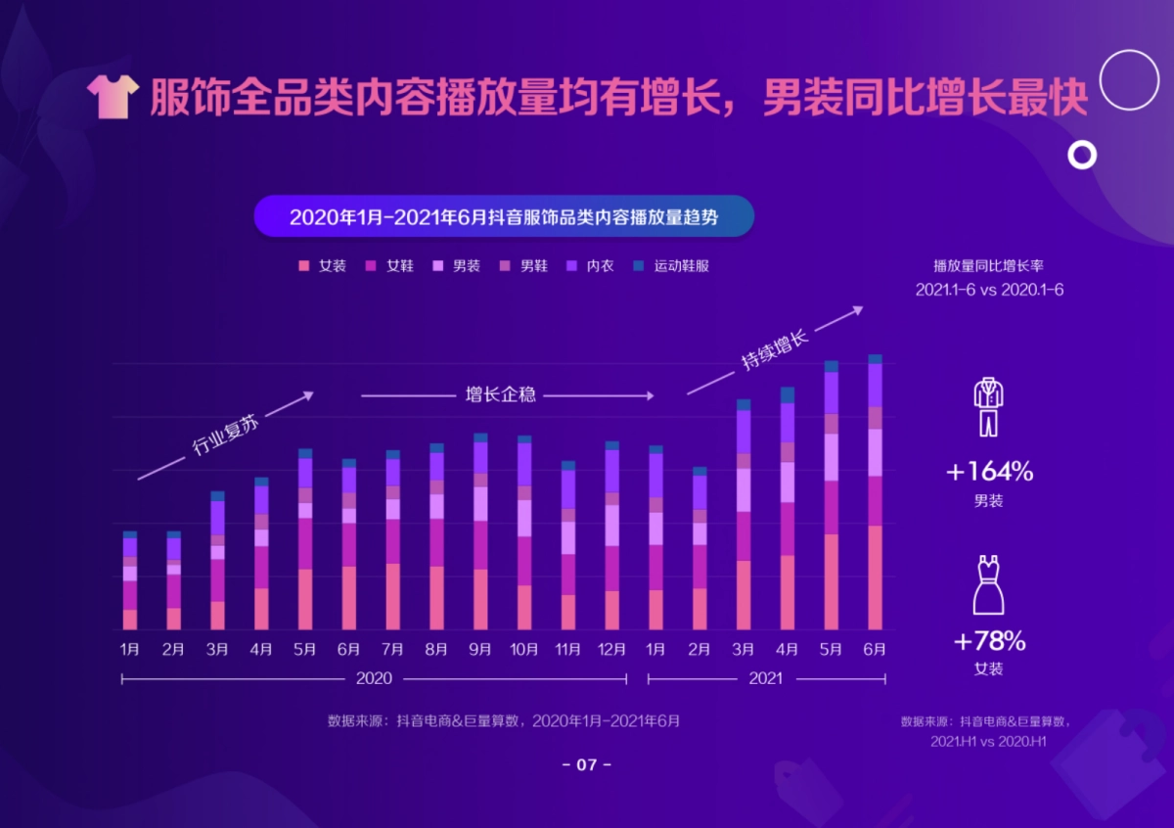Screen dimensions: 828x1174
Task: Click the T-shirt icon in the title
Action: (113, 96)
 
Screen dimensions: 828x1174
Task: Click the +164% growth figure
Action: (989, 472)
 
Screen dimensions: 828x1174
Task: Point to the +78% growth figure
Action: (989, 641)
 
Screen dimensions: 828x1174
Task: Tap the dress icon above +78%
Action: (988, 585)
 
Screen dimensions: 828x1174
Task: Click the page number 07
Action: (586, 764)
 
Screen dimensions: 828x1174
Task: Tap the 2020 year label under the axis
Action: (374, 678)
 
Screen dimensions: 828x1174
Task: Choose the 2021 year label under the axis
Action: (766, 678)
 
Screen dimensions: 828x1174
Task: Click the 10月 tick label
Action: (523, 649)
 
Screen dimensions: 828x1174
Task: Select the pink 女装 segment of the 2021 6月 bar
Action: (875, 577)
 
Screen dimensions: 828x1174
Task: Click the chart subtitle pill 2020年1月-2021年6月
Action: (504, 217)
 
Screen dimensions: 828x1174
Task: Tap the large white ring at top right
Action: (1128, 79)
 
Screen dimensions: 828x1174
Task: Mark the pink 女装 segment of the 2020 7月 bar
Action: (392, 596)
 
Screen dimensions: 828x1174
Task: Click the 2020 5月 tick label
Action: (304, 649)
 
